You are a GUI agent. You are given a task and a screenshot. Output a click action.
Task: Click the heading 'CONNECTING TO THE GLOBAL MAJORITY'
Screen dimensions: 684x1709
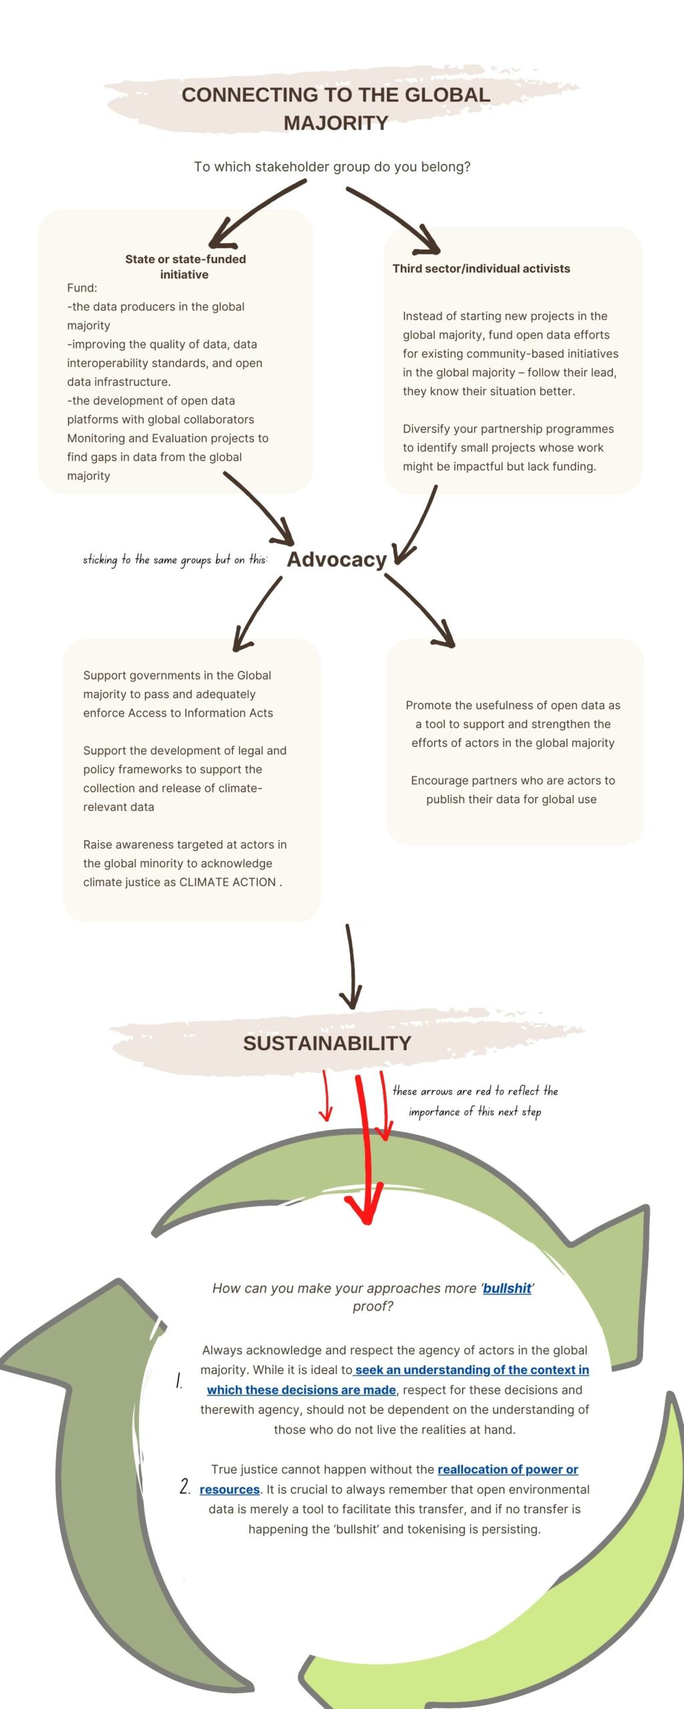(336, 109)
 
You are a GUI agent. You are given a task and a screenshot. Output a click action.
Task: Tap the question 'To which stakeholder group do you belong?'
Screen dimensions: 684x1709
(332, 167)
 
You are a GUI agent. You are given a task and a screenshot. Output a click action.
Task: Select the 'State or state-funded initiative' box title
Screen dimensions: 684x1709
(185, 266)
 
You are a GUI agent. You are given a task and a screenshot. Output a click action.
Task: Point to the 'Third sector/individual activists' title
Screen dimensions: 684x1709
(481, 268)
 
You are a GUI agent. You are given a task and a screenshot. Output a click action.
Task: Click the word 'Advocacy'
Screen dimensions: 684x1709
(337, 559)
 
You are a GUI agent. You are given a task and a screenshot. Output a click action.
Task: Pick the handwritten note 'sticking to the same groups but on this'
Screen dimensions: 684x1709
(175, 559)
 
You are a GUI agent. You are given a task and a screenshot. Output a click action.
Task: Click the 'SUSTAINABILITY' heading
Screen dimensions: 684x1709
(327, 1043)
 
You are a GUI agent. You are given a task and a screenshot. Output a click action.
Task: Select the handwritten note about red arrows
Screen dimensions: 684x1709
(475, 1101)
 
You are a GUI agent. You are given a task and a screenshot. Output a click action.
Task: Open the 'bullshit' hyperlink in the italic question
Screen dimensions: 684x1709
(507, 1288)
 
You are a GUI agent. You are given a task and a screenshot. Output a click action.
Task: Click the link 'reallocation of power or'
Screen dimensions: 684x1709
(508, 1469)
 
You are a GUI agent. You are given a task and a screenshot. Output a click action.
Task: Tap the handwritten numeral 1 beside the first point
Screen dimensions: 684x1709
(179, 1381)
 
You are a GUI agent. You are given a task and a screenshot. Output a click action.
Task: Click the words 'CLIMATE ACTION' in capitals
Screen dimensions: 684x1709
(228, 882)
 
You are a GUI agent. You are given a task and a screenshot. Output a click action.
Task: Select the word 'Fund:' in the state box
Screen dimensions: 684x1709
(82, 288)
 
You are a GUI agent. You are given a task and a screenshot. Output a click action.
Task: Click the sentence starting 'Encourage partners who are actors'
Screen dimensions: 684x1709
(512, 790)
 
